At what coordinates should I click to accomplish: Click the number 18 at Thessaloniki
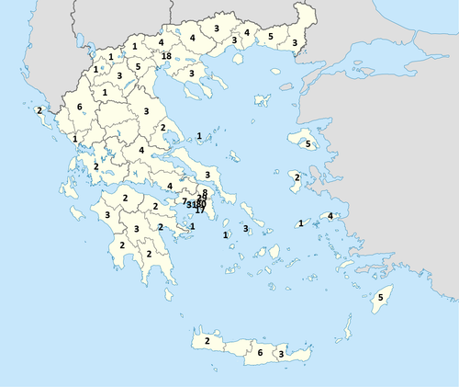[x=166, y=56]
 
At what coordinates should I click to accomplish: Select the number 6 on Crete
[x=260, y=353]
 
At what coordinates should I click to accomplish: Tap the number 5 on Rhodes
[x=381, y=297]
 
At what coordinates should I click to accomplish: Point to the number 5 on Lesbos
[x=307, y=143]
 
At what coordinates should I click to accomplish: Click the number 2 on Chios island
[x=297, y=176]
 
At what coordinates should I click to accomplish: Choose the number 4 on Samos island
[x=332, y=217]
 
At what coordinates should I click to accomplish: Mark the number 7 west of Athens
[x=184, y=201]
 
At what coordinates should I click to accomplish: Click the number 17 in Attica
[x=200, y=210]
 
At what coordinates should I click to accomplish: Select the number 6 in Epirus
[x=79, y=108]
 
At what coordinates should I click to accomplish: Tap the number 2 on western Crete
[x=207, y=342]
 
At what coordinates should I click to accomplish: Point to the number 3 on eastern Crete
[x=282, y=353]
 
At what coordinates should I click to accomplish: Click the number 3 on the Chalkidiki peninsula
[x=191, y=72]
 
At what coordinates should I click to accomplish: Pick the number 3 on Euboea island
[x=207, y=175]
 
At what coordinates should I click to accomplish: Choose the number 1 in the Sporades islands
[x=199, y=136]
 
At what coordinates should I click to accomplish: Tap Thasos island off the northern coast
[x=239, y=59]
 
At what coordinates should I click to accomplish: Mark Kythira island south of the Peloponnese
[x=168, y=293]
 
